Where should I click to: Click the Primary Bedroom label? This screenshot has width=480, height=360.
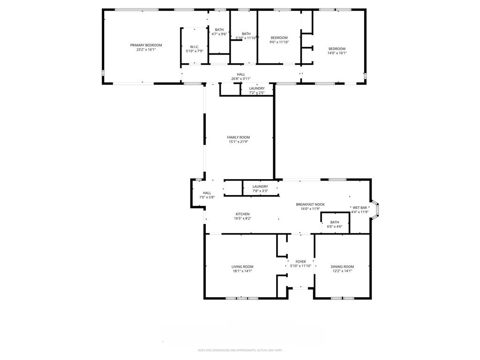146,45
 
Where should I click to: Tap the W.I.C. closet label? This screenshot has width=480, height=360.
195,47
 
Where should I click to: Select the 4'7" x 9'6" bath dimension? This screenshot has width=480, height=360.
219,34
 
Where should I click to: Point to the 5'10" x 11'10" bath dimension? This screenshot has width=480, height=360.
246,38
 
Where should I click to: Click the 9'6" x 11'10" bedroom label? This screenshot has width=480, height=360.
279,37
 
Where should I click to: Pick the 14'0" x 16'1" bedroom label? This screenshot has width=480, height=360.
337,49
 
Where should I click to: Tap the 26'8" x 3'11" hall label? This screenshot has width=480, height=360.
241,75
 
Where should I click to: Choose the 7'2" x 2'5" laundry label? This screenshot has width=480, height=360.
257,89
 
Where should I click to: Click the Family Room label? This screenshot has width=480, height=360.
238,137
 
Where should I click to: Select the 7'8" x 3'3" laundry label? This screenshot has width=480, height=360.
260,187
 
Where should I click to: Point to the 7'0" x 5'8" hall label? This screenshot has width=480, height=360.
207,193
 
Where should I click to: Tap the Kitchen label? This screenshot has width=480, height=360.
242,214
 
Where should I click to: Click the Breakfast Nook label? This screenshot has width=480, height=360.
310,204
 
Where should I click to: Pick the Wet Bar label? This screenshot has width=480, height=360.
360,208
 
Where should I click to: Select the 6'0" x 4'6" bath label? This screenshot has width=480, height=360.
335,223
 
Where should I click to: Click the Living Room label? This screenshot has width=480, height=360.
242,267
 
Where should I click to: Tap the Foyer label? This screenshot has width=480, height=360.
300,262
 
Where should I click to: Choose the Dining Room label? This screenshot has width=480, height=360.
342,267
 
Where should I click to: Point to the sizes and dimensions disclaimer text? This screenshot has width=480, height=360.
240,350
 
